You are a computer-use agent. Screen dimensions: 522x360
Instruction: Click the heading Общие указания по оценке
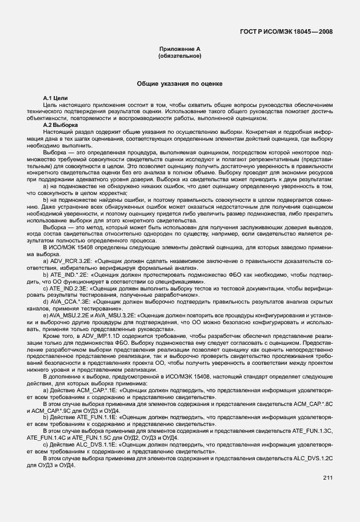179,84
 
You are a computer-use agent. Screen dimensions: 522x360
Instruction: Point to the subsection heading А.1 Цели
56,99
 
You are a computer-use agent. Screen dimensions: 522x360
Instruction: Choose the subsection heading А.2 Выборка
61,124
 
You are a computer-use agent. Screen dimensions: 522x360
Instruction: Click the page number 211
327,478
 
